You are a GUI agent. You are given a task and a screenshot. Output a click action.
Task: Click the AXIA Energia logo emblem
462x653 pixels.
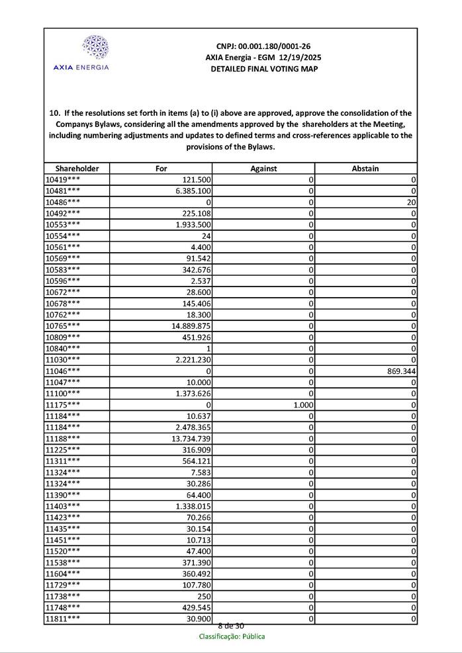click(95, 47)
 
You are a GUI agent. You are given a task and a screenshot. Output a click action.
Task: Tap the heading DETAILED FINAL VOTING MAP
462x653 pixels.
click(263, 69)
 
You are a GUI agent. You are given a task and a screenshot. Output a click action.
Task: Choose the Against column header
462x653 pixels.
click(263, 169)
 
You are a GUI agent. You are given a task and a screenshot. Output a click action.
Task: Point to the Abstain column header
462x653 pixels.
click(365, 169)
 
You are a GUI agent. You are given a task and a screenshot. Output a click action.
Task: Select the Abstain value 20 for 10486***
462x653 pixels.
click(411, 202)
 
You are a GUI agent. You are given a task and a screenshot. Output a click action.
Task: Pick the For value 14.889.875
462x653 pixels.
click(191, 326)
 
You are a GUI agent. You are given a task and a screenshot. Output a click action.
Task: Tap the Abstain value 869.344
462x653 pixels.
click(396, 371)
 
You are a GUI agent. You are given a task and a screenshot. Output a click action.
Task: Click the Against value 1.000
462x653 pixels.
click(303, 405)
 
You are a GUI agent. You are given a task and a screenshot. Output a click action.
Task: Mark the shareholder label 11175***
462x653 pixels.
click(63, 405)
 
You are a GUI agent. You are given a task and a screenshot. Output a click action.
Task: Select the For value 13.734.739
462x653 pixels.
click(191, 439)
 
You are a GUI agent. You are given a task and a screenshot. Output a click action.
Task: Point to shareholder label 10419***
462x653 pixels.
click(63, 180)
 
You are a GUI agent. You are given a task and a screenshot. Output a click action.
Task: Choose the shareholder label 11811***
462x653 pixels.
click(63, 619)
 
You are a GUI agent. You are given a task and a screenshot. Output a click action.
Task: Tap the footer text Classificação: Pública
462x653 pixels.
click(232, 636)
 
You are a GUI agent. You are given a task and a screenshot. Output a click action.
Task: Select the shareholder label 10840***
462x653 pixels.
click(63, 349)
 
